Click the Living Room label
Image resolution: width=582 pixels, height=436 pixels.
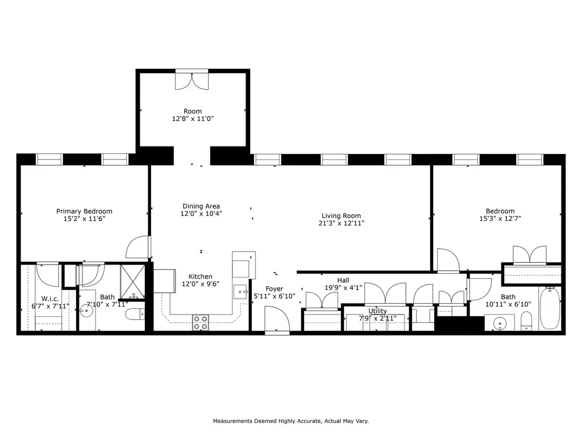(341, 216)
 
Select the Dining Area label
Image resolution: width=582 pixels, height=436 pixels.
(201, 206)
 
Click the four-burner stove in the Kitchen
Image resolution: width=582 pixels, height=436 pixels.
(200, 322)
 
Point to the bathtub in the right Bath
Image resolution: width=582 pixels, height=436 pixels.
(550, 308)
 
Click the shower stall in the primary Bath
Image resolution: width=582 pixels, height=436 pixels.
(132, 282)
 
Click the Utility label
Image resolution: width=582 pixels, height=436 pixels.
(377, 311)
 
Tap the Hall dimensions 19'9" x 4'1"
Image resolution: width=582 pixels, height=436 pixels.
(343, 287)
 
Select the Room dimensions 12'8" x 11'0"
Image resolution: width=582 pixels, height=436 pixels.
(193, 119)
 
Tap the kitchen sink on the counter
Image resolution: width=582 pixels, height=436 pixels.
(240, 291)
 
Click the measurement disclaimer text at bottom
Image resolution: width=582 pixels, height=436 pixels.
(291, 421)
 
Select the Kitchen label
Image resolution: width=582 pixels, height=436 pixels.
(197, 276)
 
